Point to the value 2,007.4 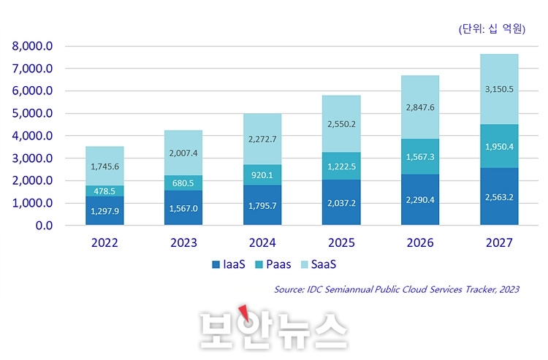(x=184, y=153)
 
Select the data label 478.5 (x=105, y=191)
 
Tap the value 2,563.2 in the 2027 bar (x=499, y=196)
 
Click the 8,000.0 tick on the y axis (x=33, y=46)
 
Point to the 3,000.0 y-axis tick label (x=33, y=158)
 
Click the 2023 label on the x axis (x=184, y=243)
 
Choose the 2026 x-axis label (x=420, y=243)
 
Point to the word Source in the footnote (x=289, y=290)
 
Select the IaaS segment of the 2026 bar (x=420, y=199)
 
